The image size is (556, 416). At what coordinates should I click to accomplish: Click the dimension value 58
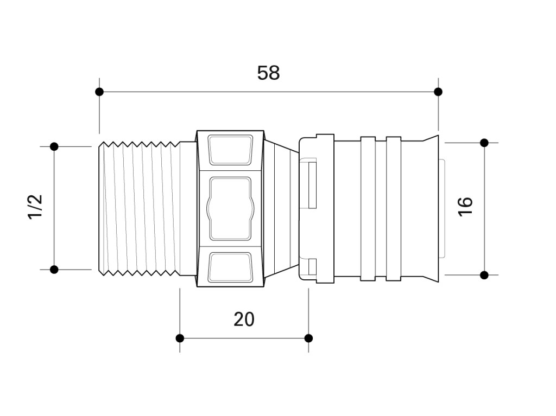point(268,73)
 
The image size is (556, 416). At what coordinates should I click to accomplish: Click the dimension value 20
point(244,319)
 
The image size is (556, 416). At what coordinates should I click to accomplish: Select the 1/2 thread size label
point(35,207)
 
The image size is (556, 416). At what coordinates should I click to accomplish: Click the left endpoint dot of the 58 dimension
point(99,92)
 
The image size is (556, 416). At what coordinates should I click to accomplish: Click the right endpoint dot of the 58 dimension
point(438,92)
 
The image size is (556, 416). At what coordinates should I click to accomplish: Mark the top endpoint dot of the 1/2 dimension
point(54,146)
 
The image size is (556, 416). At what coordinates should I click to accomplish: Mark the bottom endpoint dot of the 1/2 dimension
point(54,270)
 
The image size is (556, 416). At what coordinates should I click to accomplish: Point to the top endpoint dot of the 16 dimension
point(484,143)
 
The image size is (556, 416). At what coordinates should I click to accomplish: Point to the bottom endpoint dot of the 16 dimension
point(484,275)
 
